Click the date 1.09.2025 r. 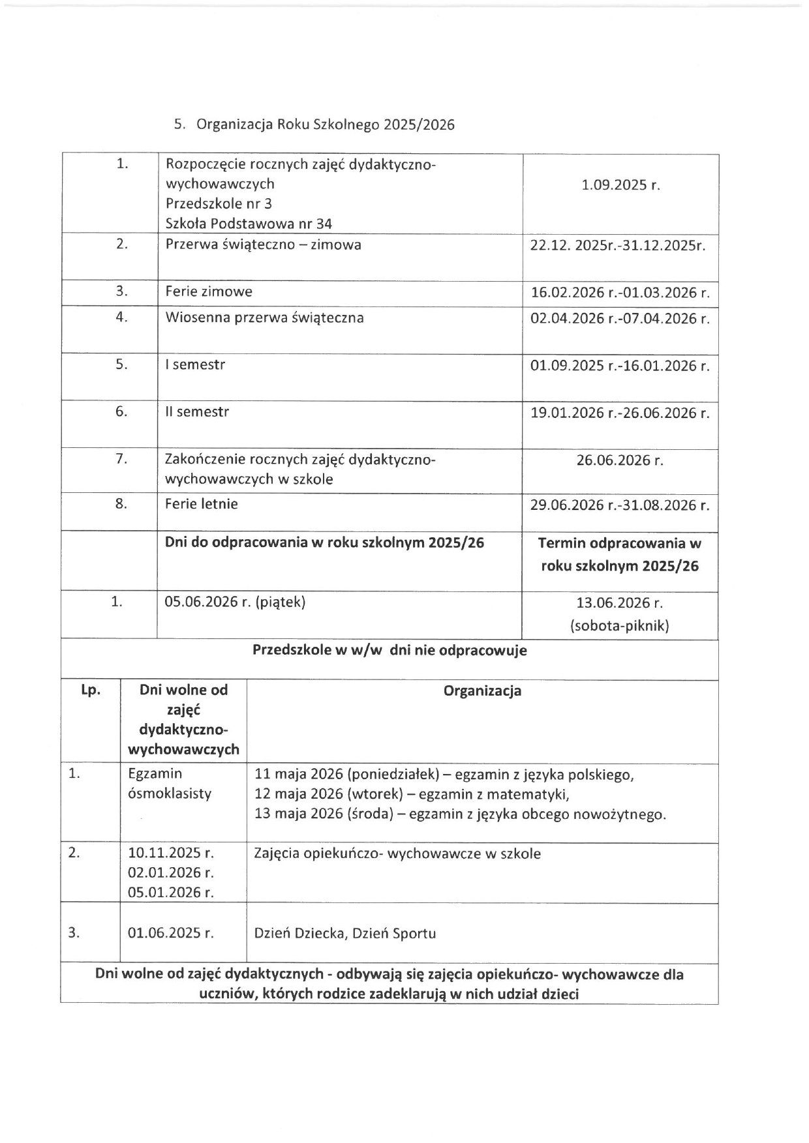[620, 185]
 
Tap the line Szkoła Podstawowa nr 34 [249, 224]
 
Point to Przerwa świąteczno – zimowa [264, 245]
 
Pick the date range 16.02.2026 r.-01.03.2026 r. [620, 293]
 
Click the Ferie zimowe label [209, 291]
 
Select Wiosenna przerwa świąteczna [264, 318]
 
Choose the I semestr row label [195, 365]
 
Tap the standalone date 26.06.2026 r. [620, 460]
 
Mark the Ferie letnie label [202, 504]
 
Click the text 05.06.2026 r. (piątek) [236, 602]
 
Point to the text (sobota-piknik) [620, 626]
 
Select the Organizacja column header [482, 691]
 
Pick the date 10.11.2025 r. [171, 853]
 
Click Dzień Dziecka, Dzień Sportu [344, 933]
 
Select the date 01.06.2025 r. [171, 933]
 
